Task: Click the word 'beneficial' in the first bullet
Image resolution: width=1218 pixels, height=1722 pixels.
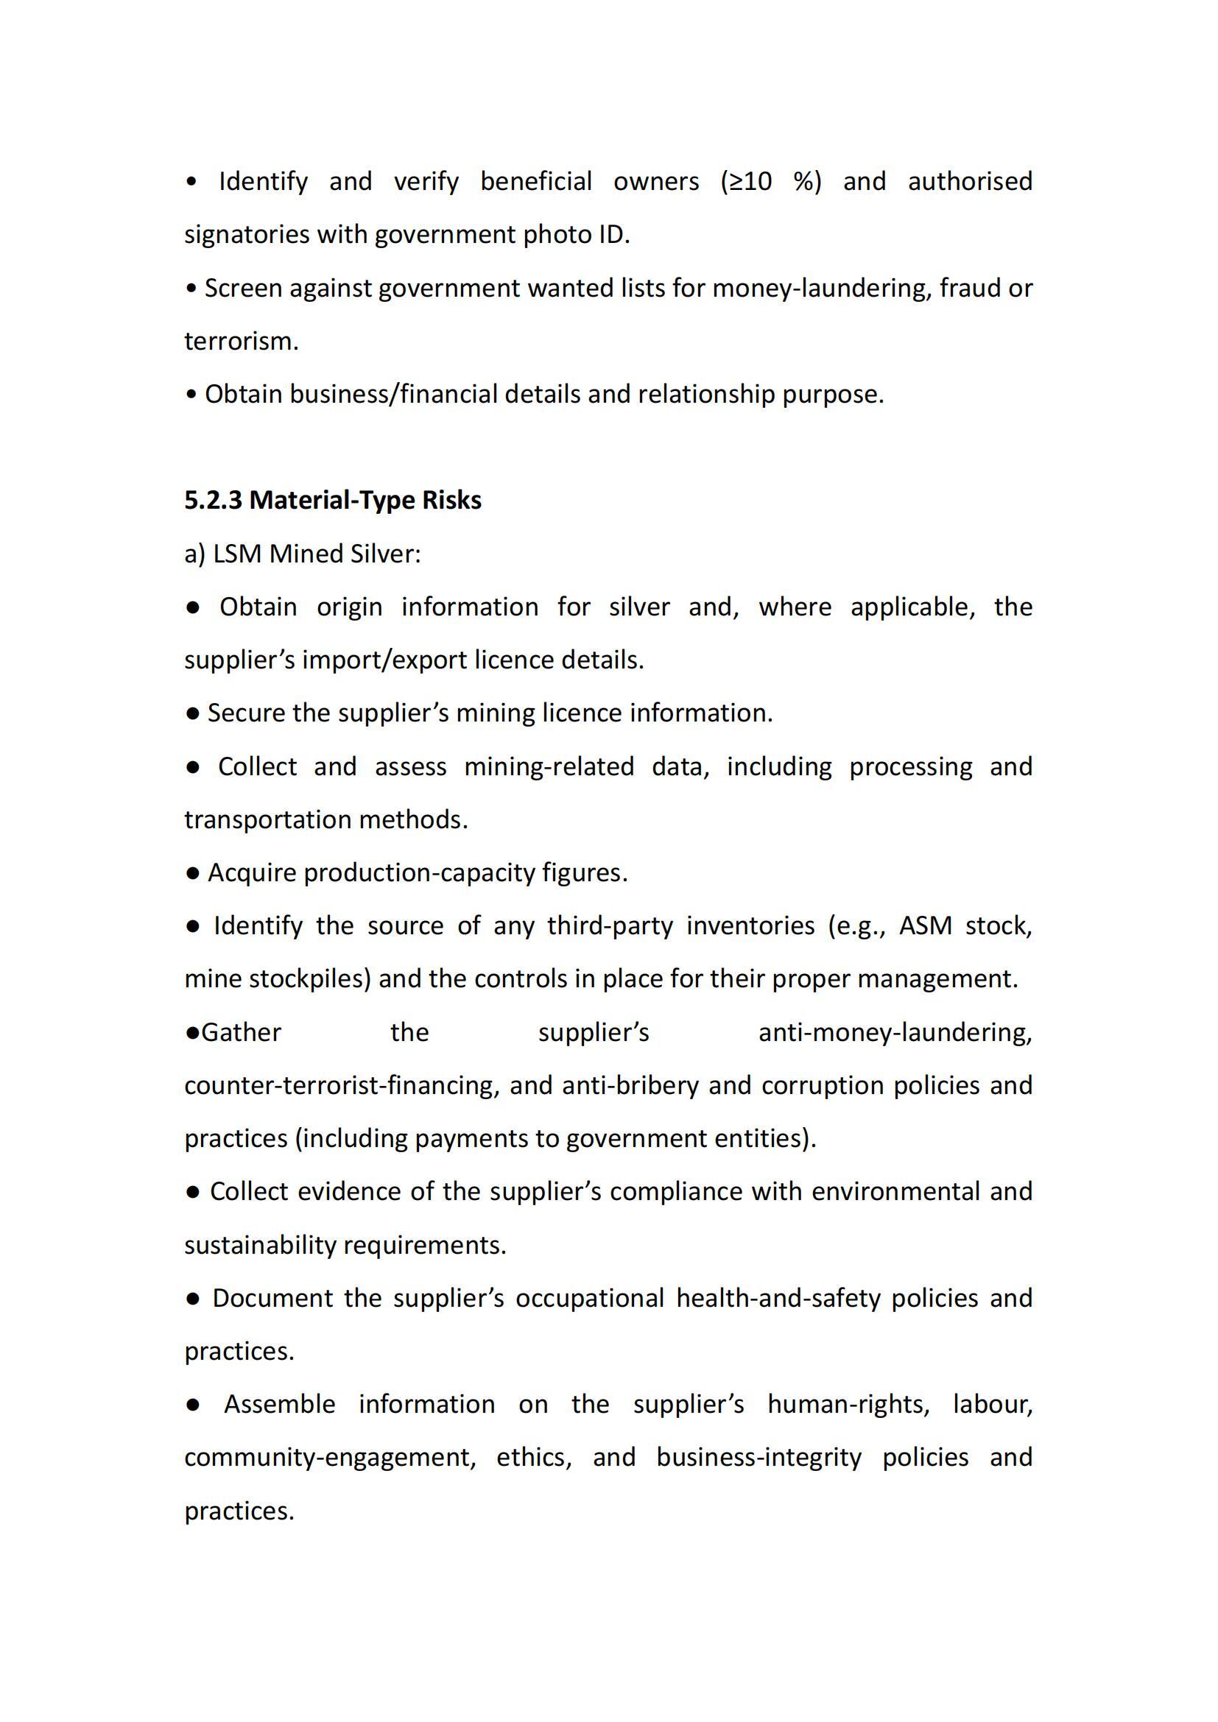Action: (x=535, y=182)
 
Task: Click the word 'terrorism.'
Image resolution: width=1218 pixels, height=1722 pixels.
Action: (x=242, y=342)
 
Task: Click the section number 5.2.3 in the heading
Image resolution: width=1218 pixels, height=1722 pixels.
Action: (x=213, y=500)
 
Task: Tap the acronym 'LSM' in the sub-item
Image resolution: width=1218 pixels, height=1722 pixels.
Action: (x=238, y=554)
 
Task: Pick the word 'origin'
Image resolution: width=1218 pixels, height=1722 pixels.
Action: (x=349, y=607)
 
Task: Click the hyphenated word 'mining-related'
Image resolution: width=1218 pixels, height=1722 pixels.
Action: (x=549, y=766)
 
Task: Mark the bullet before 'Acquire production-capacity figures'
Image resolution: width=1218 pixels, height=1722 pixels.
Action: (x=193, y=873)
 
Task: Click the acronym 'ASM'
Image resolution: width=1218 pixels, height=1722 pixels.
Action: (x=925, y=926)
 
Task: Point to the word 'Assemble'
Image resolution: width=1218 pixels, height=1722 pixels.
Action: (x=279, y=1405)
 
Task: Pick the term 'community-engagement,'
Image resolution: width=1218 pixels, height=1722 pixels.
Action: (x=330, y=1457)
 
